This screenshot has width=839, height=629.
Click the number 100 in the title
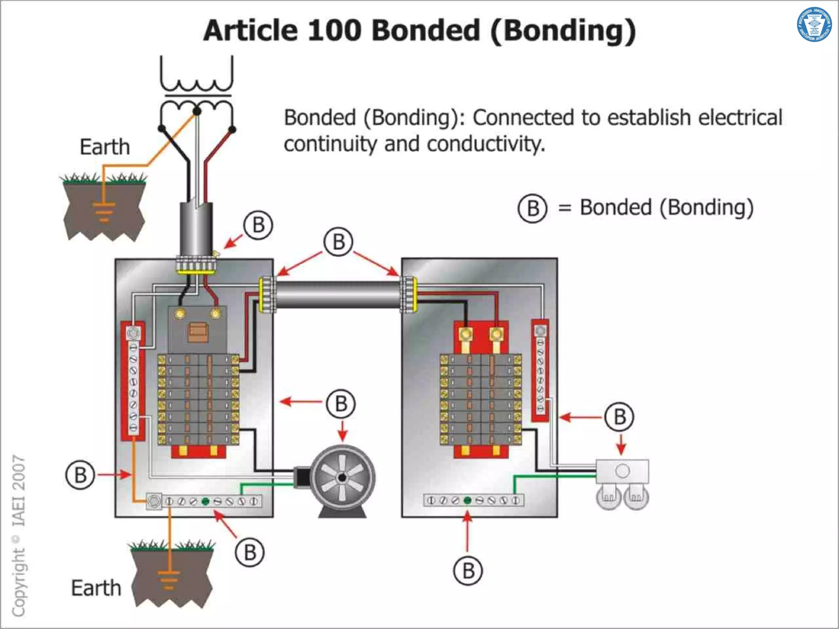tap(334, 31)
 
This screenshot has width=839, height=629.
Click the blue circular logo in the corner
tap(814, 25)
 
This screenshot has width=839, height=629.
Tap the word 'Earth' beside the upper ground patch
tap(105, 147)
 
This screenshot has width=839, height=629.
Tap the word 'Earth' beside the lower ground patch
tap(96, 588)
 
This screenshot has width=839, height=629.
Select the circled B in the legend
tap(532, 208)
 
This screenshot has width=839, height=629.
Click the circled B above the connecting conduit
tap(338, 242)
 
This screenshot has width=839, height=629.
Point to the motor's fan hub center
tap(342, 477)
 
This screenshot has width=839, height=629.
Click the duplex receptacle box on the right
tap(622, 471)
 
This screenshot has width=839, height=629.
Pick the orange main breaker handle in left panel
tap(198, 332)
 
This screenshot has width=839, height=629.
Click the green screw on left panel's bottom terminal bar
tap(206, 501)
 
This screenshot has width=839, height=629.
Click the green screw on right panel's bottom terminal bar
tap(467, 500)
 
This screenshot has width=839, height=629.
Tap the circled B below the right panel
tap(468, 571)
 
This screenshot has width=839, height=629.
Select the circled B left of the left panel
tap(80, 475)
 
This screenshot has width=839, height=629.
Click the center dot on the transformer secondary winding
tap(197, 111)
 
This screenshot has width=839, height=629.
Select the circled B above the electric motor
tap(341, 404)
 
